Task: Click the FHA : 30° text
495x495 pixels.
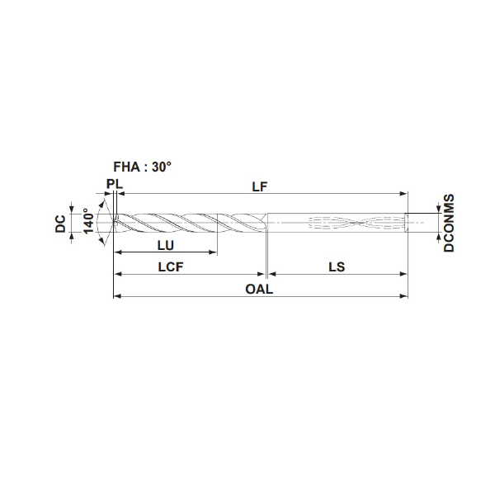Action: (x=143, y=167)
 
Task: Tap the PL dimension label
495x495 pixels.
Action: (x=115, y=184)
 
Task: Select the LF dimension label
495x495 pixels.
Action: (x=260, y=187)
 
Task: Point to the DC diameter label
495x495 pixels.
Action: (x=60, y=224)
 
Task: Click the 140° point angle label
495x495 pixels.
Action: (x=89, y=221)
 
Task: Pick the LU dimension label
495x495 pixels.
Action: (x=166, y=246)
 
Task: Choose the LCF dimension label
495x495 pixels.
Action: (x=171, y=267)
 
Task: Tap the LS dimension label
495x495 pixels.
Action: (x=337, y=267)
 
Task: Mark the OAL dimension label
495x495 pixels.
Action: (x=259, y=289)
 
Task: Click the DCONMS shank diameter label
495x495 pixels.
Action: (x=449, y=223)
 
